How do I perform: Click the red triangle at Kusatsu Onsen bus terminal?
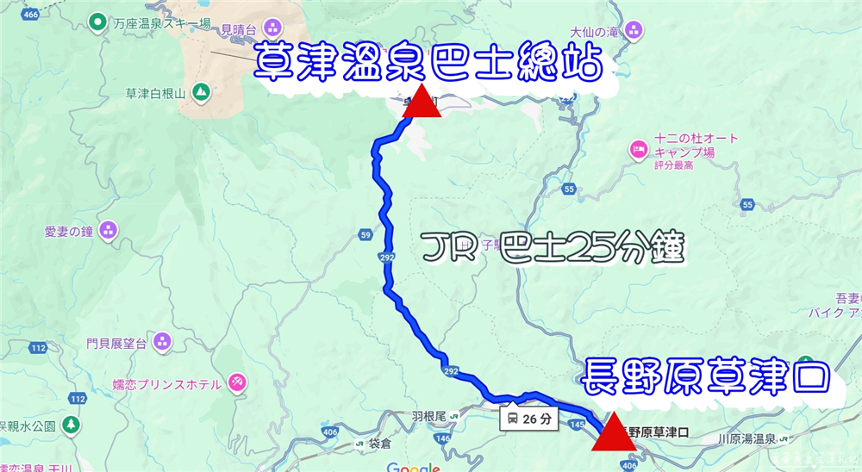coord(422,102)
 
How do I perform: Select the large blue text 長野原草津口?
coord(704,376)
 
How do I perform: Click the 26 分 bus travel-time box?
coord(529,419)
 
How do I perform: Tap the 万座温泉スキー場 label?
coord(156,24)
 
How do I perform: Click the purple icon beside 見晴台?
coord(273,26)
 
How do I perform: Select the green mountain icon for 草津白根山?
coord(201,90)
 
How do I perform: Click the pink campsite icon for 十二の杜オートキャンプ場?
coord(639,149)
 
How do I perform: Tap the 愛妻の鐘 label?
coord(68,231)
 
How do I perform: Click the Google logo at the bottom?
coord(414,466)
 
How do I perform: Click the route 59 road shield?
coord(365,234)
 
